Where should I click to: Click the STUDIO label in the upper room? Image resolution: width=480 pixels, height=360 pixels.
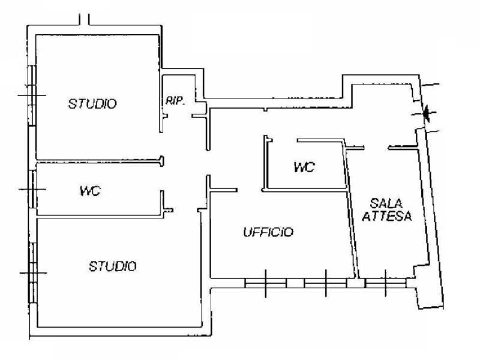92,104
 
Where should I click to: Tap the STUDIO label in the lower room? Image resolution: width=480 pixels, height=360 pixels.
113,266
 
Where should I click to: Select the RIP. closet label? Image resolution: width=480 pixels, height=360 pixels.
175,101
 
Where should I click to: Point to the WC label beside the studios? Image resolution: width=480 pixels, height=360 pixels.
91,191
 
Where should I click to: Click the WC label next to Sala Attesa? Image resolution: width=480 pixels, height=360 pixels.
304,167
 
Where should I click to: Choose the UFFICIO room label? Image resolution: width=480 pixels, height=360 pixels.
268,232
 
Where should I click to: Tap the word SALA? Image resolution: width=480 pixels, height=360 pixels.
386,203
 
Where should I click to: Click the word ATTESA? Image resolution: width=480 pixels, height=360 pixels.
387,216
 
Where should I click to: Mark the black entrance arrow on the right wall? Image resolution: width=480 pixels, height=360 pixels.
427,113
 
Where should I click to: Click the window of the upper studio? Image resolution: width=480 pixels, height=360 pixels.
32,95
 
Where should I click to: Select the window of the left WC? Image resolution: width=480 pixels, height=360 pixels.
32,189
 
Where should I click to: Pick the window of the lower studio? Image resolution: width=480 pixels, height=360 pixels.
33,273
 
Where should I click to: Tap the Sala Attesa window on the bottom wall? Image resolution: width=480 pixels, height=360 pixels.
386,283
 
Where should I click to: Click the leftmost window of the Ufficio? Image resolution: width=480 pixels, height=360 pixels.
266,283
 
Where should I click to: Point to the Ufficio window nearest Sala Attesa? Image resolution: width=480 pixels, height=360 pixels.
325,283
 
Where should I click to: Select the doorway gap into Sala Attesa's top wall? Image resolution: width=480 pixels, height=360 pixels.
376,148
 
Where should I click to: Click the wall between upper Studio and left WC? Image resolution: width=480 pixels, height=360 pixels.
99,161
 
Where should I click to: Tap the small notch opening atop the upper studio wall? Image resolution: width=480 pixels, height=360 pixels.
84,20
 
